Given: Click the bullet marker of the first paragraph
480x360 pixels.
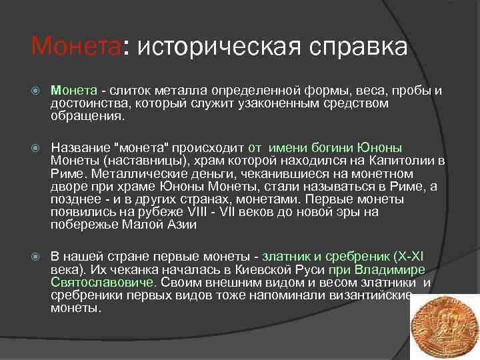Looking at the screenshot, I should (37, 91).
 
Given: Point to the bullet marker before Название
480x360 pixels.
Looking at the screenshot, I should (37, 148).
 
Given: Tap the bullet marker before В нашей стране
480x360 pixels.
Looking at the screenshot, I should (37, 257).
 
